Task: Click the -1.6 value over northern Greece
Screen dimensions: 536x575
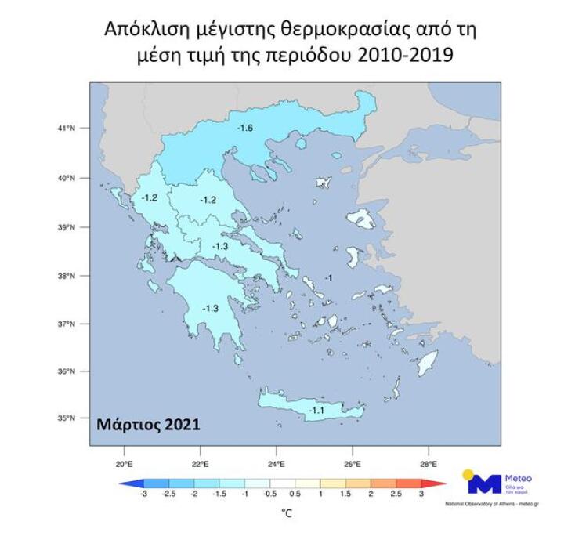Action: (x=246, y=127)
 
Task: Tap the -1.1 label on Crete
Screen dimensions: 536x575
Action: (x=318, y=411)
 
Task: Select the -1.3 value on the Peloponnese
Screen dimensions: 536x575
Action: (x=210, y=308)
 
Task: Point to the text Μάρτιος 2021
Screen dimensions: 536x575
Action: (x=148, y=425)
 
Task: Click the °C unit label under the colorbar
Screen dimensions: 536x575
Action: (x=287, y=513)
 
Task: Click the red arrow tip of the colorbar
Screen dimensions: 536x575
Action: (x=443, y=483)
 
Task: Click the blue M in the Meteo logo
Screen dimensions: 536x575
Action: (x=484, y=484)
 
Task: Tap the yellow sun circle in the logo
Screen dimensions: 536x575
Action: (x=468, y=474)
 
